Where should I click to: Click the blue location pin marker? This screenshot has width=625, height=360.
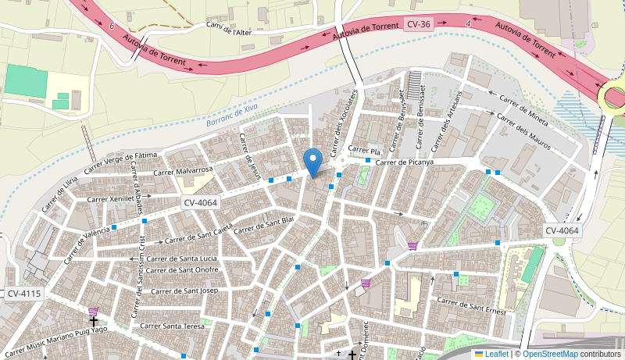coord(313,162)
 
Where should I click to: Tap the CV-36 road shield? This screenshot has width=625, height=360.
coord(419,24)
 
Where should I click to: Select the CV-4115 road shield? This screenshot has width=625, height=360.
coord(23,294)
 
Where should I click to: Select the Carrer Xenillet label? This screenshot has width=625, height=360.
coord(111,198)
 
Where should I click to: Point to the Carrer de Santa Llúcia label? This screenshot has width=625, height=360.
coord(181,258)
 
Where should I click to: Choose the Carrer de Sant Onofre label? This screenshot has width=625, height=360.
coord(183,269)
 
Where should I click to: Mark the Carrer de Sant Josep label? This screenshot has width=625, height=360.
coord(184,291)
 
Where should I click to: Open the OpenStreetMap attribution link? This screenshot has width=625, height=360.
coord(549,354)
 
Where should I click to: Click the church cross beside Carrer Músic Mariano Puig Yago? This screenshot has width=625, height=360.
coord(93,321)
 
